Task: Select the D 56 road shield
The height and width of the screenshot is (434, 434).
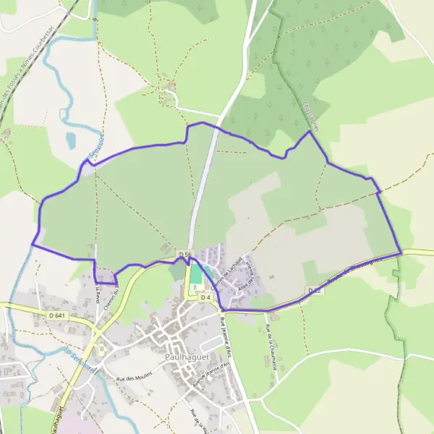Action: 185,255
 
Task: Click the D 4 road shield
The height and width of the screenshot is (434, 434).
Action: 205,297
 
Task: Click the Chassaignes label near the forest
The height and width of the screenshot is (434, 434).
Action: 312,115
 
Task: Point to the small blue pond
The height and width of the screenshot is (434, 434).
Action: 70,139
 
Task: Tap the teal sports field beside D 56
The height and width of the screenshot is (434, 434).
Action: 195,273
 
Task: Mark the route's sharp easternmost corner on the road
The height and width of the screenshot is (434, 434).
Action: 401,252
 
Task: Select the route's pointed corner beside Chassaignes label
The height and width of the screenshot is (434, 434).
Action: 310,131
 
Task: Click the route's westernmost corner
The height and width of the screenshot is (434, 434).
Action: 32,244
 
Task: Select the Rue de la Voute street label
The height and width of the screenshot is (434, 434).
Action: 195,420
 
